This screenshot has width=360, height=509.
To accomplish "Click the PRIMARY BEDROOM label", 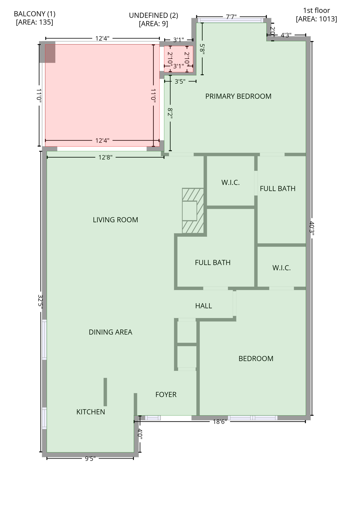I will tap(238, 96).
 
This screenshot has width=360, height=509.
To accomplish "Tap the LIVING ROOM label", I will tap(115, 220).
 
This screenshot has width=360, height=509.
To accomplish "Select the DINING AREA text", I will tap(110, 332).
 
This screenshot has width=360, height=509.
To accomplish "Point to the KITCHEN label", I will tap(90, 412).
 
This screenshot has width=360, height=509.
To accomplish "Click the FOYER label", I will tap(166, 395).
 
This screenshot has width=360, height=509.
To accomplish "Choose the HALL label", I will tap(204, 306).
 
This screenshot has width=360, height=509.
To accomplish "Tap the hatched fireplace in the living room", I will tap(193, 211).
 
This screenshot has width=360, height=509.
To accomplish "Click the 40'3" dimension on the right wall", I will tap(312, 228).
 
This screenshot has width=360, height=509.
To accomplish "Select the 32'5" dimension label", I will tap(40, 302).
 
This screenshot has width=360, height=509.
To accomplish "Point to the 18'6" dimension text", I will tap(219, 422).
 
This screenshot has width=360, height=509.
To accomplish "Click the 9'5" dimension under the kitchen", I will tap(90, 459).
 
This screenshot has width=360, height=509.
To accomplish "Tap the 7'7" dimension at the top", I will tap(231, 17).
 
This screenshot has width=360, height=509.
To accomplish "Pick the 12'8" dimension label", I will tap(105, 157).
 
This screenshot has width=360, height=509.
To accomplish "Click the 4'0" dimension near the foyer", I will tap(140, 434).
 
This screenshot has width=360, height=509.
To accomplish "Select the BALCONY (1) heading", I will tap(34, 14).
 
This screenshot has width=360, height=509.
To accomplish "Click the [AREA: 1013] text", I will tap(316, 19).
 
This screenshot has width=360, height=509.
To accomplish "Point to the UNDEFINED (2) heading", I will tap(153, 15).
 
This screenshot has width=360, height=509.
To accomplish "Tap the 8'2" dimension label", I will tap(170, 113).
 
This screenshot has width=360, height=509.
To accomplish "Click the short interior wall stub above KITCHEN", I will tap(105, 392).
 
